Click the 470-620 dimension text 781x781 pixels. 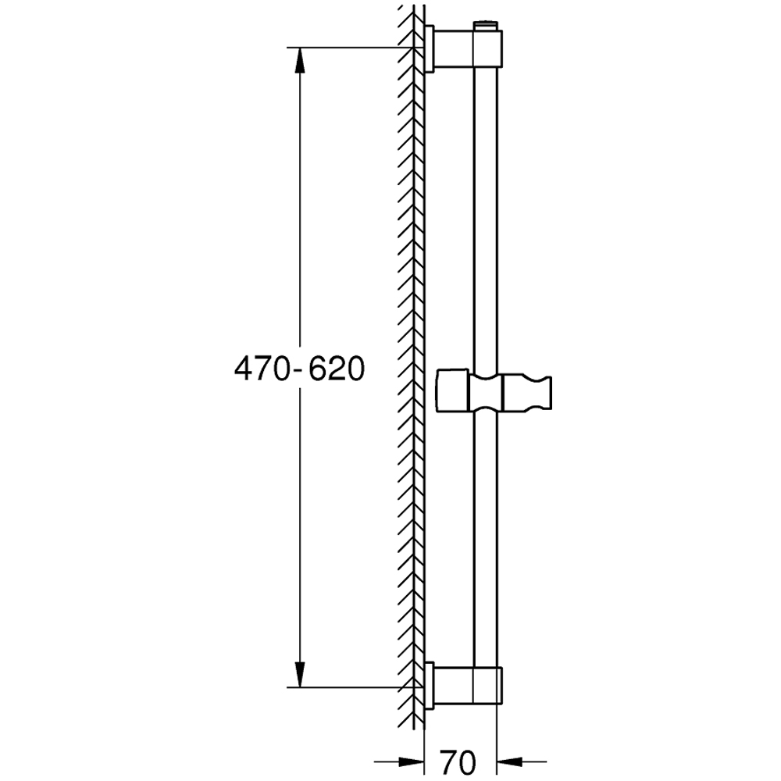tap(299, 369)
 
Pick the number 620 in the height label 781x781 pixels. tap(336, 369)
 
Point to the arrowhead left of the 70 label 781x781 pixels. tap(410, 759)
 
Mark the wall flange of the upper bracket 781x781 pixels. tap(430, 49)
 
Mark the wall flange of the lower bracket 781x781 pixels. tap(430, 685)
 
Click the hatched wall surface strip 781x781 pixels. tap(412, 367)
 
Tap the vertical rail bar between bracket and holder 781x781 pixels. tap(485, 219)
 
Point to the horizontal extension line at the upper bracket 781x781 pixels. tap(351, 48)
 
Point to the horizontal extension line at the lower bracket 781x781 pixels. tap(351, 687)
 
